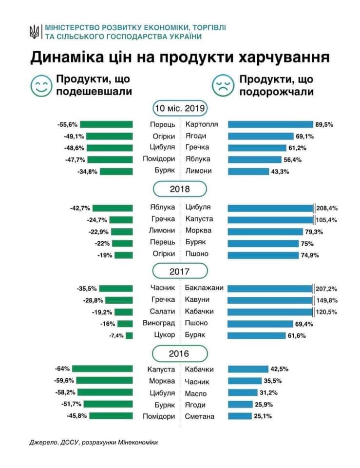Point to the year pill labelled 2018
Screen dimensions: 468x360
[x=180, y=189]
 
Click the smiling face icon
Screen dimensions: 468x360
[x=41, y=85]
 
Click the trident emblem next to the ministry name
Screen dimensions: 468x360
[x=34, y=33]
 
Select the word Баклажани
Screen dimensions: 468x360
[x=204, y=288]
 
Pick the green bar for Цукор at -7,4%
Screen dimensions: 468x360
[x=129, y=335]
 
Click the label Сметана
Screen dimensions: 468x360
[x=200, y=416]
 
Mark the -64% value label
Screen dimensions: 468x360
[x=63, y=370]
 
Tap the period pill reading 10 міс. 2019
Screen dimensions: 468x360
[x=180, y=108]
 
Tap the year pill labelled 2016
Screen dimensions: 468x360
[x=180, y=353]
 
